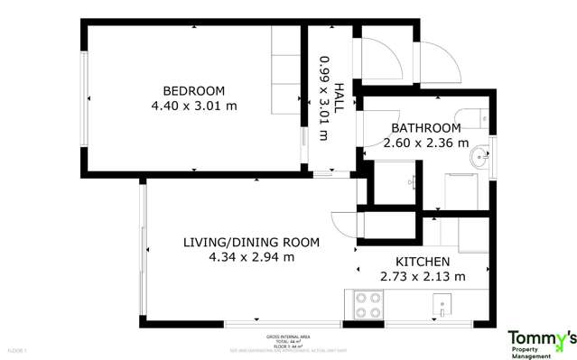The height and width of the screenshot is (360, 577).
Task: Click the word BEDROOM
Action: pos(193,91)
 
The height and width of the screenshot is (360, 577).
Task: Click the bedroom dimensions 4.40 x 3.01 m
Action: pos(193,106)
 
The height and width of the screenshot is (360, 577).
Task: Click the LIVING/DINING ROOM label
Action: pos(251,242)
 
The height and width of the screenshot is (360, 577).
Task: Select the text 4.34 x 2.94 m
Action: pos(251,257)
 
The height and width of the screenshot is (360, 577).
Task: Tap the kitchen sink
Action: pos(442,304)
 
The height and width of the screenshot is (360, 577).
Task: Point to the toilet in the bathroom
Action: pos(477,117)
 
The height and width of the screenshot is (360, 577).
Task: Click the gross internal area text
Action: pos(289,340)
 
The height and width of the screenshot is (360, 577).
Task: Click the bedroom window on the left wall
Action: pos(85,98)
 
